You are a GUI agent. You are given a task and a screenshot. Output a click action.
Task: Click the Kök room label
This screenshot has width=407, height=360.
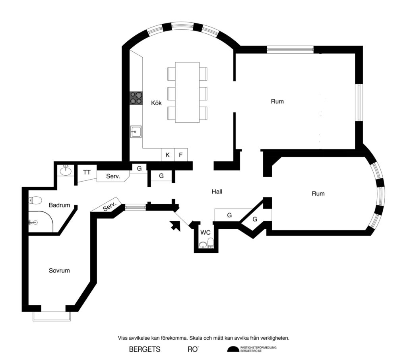click(156, 103)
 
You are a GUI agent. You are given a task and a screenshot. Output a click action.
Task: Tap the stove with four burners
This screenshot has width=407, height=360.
click(136, 98)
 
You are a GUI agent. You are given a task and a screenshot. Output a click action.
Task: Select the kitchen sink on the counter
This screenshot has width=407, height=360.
click(136, 132)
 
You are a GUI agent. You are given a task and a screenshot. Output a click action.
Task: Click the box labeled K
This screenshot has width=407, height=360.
click(167, 155)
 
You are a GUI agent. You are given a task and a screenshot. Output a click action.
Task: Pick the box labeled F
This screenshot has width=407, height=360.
click(181, 155)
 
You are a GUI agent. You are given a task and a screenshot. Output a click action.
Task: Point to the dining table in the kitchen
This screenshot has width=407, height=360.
click(187, 92)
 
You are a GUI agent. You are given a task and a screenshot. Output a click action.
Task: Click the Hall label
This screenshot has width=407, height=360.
click(217, 192)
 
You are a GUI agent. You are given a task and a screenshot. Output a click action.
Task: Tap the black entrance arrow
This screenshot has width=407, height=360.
click(174, 226)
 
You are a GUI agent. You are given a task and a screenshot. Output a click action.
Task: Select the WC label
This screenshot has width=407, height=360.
click(205, 232)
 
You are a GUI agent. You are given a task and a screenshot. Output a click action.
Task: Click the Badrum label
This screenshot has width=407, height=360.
click(59, 205)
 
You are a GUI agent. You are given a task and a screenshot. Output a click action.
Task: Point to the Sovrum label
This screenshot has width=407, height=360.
click(59, 271)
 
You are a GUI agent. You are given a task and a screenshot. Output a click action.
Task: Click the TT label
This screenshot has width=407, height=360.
click(87, 172)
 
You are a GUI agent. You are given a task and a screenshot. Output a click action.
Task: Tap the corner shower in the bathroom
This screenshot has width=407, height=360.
click(41, 222)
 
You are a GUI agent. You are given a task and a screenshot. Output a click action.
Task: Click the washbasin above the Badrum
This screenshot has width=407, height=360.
click(65, 171)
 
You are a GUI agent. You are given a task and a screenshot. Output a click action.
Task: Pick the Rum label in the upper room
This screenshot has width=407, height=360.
click(277, 101)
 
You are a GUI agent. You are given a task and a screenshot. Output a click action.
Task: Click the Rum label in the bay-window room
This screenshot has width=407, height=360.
click(318, 194)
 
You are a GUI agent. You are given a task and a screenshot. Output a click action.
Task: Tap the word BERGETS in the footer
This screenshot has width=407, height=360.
click(145, 350)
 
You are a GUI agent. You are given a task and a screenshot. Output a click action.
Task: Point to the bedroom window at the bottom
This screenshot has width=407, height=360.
click(52, 316)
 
